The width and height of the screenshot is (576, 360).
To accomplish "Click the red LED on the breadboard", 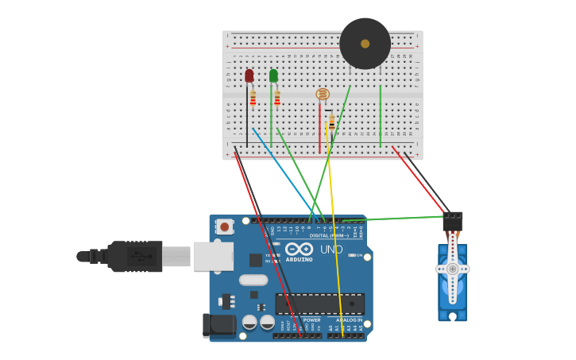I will [x=249, y=75].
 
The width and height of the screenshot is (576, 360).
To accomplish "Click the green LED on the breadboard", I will [x=273, y=75].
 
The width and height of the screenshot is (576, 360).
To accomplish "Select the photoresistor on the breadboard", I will [x=323, y=95].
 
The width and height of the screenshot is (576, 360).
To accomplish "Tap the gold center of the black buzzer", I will [x=365, y=44].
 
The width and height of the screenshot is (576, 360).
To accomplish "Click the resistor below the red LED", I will [x=253, y=99].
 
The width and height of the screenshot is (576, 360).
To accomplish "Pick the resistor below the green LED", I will [x=277, y=99].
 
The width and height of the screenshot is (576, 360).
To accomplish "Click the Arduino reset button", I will [x=225, y=226].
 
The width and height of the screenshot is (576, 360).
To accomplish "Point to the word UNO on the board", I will [x=331, y=250].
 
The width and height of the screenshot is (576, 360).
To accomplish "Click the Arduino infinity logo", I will [x=299, y=250].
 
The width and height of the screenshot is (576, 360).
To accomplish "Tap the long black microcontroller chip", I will [x=319, y=304].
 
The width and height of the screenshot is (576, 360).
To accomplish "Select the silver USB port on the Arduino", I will [x=213, y=256].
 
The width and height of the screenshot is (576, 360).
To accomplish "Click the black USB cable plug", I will [x=135, y=257].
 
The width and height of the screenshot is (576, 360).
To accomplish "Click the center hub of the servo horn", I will [x=452, y=269].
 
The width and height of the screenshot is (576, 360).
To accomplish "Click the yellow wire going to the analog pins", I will [x=335, y=238].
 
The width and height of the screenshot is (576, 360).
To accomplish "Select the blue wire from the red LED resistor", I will [x=282, y=171].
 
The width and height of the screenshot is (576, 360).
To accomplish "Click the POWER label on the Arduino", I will [x=311, y=320].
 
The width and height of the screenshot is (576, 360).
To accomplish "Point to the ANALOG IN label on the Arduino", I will [x=348, y=320].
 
